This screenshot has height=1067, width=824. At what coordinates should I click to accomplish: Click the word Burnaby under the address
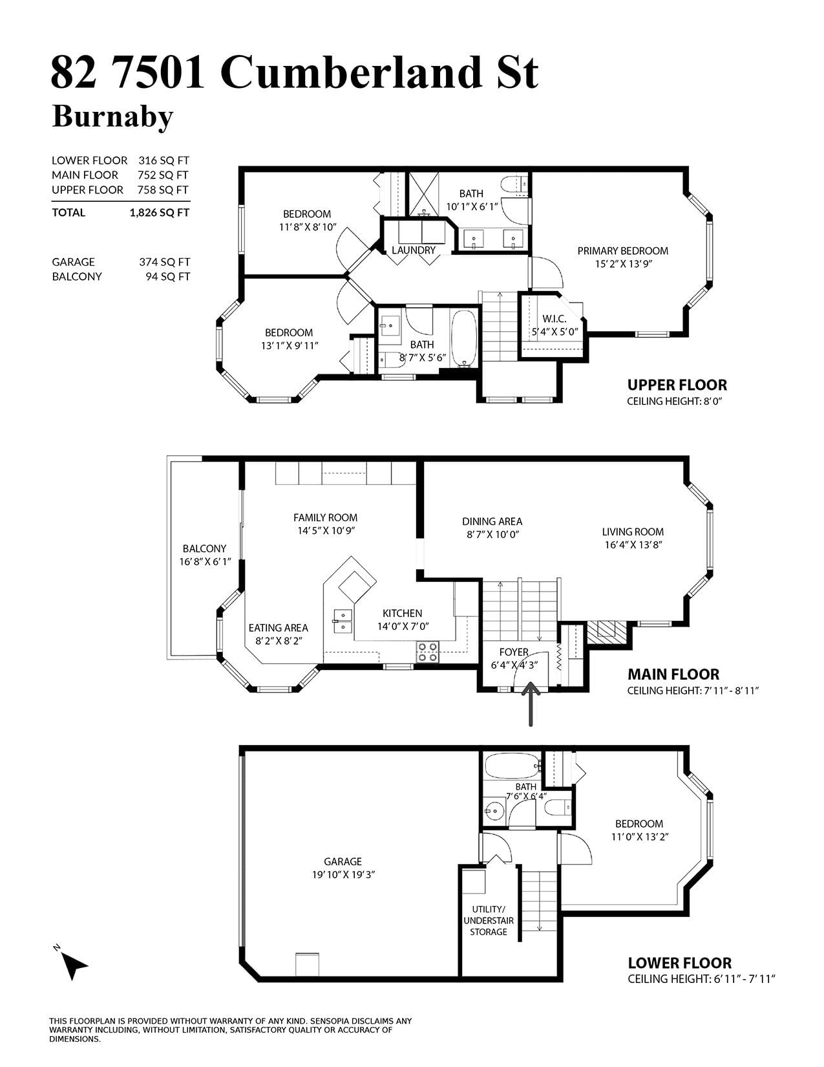[112, 116]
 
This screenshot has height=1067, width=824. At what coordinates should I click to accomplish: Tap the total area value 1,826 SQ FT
[160, 213]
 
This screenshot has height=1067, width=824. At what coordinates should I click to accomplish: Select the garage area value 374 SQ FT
[164, 262]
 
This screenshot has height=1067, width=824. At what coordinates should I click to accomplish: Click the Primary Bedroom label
[622, 251]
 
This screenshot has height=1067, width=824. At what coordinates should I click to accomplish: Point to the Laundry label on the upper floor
[413, 250]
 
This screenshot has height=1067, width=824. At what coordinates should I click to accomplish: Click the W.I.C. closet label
[554, 319]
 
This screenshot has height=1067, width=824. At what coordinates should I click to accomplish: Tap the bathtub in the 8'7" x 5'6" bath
[464, 338]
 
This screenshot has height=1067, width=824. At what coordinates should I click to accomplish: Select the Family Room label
[325, 517]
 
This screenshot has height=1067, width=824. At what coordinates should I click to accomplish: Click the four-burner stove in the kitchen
[427, 652]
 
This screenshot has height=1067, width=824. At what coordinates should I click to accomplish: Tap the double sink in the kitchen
[343, 621]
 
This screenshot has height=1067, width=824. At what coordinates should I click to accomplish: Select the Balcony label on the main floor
[204, 548]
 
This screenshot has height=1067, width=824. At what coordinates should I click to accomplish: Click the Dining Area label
[492, 521]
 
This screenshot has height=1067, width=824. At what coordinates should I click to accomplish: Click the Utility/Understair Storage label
[489, 920]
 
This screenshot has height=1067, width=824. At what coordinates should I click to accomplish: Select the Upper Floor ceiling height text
[675, 401]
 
